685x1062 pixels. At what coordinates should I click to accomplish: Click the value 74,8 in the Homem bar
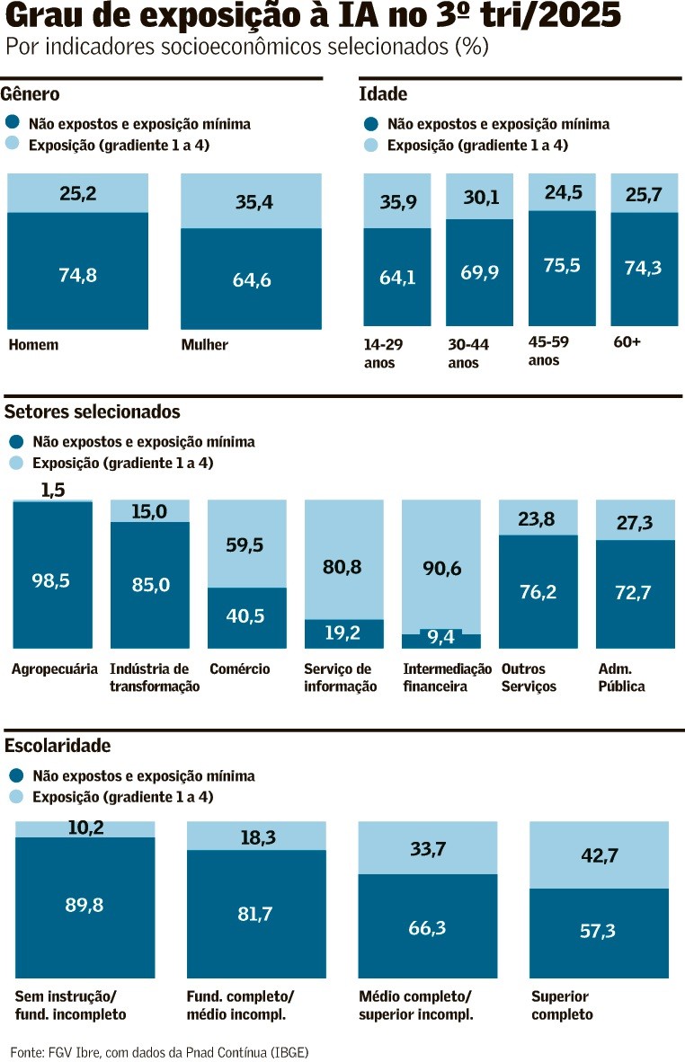pyautogui.click(x=77, y=275)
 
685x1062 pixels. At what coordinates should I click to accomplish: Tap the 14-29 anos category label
pyautogui.click(x=383, y=352)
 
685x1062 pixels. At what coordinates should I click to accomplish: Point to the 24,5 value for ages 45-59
pyautogui.click(x=562, y=191)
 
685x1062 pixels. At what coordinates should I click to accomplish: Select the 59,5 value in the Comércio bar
pyautogui.click(x=246, y=544)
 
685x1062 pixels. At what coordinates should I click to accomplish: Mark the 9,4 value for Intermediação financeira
pyautogui.click(x=440, y=638)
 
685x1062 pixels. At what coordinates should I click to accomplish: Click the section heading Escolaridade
pyautogui.click(x=58, y=745)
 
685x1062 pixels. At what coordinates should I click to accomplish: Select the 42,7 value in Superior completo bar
pyautogui.click(x=600, y=855)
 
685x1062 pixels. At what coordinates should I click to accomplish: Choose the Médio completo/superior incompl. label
pyautogui.click(x=415, y=1005)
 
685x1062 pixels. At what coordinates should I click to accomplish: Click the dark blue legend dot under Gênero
pyautogui.click(x=12, y=123)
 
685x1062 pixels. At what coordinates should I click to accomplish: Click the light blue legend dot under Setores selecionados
pyautogui.click(x=15, y=463)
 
